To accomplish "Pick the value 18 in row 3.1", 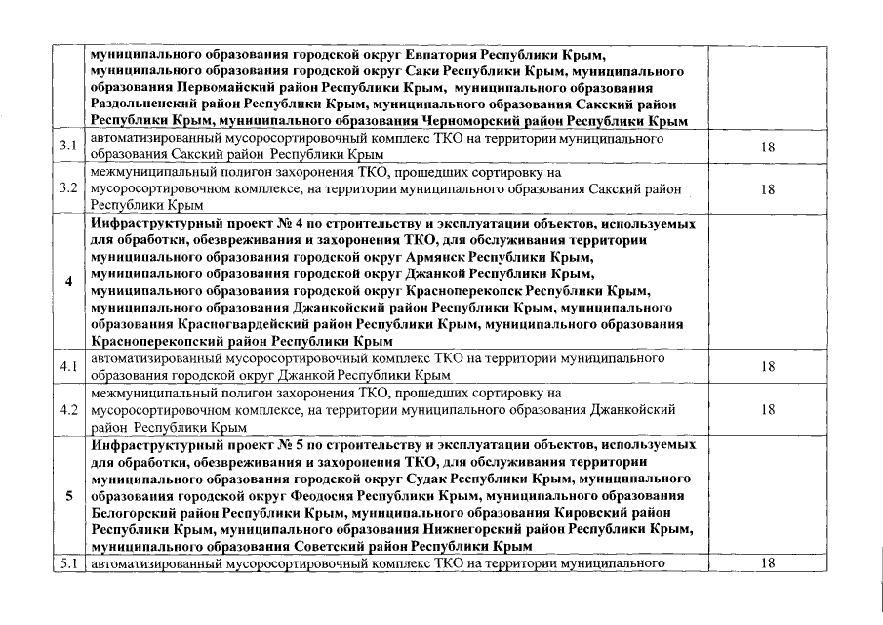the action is [767, 146].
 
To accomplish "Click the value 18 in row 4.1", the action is [767, 366].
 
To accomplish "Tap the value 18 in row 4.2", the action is [767, 408].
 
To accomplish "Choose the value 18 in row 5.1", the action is [767, 563].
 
